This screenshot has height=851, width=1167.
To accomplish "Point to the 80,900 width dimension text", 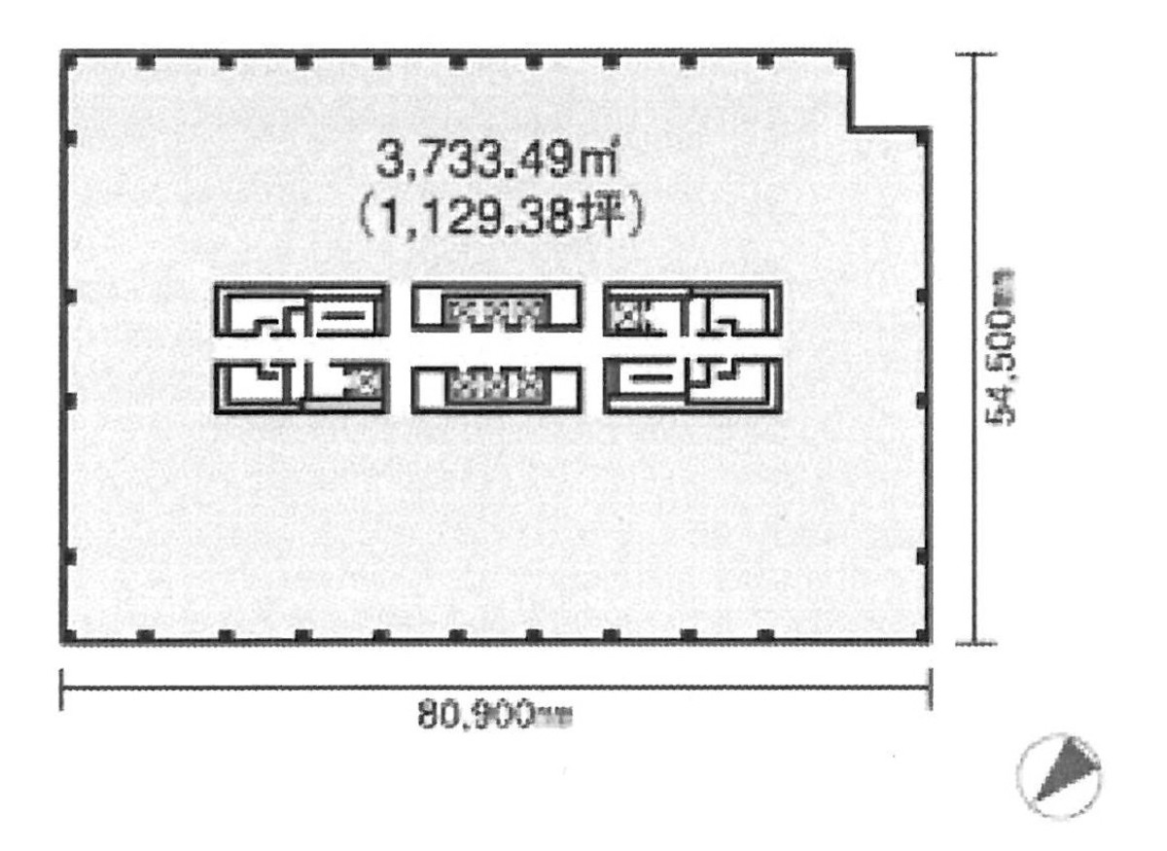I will pos(494,718).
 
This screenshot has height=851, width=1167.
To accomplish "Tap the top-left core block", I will pos(301,308).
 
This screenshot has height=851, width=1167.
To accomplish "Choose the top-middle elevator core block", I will pos(497,306).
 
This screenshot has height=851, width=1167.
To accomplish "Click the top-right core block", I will pos(693,308).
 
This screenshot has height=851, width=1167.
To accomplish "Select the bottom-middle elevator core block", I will pos(497,389).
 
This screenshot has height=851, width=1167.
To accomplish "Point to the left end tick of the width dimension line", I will pos(62,689).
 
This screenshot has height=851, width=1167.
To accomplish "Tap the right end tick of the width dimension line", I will pos(931,689).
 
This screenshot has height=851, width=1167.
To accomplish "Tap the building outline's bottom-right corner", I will pos(929,641).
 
